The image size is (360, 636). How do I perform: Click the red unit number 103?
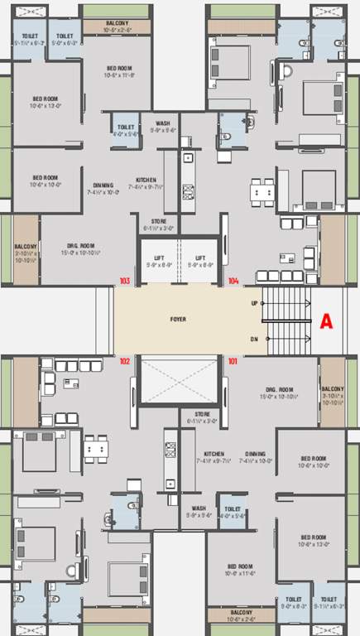(x=125, y=281)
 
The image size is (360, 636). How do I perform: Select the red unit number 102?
(x=125, y=361)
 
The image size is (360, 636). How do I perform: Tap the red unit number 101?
(x=233, y=361)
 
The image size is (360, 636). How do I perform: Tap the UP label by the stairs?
(x=253, y=303)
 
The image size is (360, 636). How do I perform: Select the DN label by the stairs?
(x=253, y=340)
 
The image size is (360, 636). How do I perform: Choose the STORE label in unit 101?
(x=203, y=413)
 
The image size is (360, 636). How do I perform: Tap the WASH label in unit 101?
(x=199, y=508)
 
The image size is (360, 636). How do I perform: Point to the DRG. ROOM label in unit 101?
(x=279, y=388)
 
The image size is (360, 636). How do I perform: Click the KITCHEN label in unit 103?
(x=146, y=179)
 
